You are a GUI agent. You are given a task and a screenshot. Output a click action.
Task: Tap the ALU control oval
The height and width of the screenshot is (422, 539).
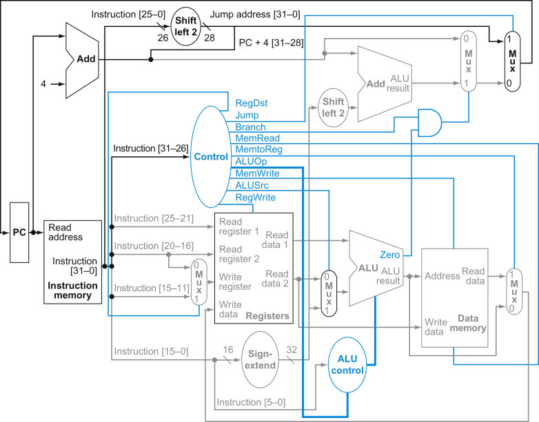(x=349, y=365)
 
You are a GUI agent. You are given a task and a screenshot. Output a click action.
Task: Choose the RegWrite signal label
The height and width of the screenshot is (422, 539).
(x=256, y=197)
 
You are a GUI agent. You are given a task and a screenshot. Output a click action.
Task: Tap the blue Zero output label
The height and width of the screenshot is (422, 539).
(x=389, y=254)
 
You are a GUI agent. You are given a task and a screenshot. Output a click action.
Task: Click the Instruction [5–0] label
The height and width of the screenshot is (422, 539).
(x=251, y=402)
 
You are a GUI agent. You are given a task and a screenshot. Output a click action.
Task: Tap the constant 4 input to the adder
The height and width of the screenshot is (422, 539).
(x=43, y=84)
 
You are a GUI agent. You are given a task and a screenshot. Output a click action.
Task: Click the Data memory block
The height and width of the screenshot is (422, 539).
(x=454, y=297)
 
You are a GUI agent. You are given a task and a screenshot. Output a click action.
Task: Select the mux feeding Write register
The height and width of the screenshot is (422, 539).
(x=199, y=282)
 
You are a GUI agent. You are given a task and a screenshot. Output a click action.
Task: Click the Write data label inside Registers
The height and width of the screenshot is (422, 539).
(x=231, y=308)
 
